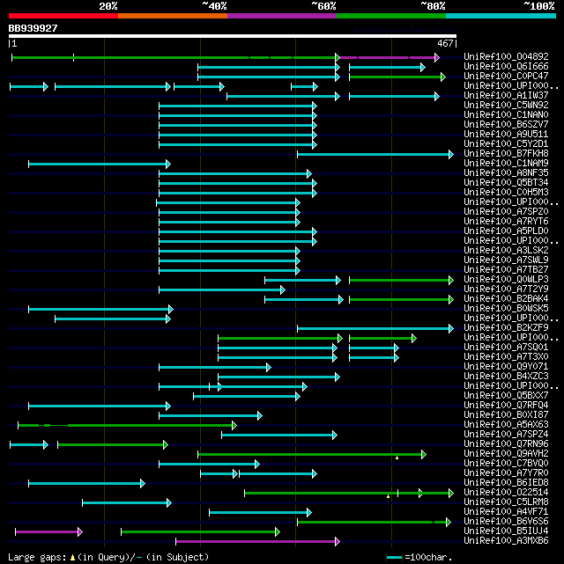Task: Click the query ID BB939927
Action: [x=33, y=28]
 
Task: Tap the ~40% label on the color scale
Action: [x=214, y=6]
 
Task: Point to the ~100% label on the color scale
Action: [x=538, y=6]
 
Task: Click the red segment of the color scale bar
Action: [x=63, y=16]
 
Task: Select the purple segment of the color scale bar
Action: [x=281, y=16]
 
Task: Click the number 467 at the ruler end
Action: [x=445, y=43]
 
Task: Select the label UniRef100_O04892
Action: [x=506, y=57]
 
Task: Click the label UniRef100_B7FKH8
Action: [x=506, y=154]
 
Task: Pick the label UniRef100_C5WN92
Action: [x=506, y=106]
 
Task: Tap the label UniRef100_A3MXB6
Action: [x=506, y=541]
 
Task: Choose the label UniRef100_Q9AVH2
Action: [x=506, y=454]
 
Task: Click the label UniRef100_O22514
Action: [x=506, y=493]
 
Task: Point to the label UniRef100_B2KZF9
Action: [x=506, y=328]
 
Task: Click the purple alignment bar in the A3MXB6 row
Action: [x=256, y=541]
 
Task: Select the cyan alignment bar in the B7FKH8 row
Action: [x=375, y=154]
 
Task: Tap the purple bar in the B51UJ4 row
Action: [x=48, y=531]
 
